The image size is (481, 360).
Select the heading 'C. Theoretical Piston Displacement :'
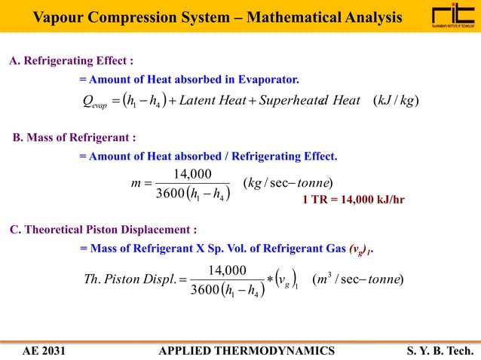[x=103, y=229]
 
